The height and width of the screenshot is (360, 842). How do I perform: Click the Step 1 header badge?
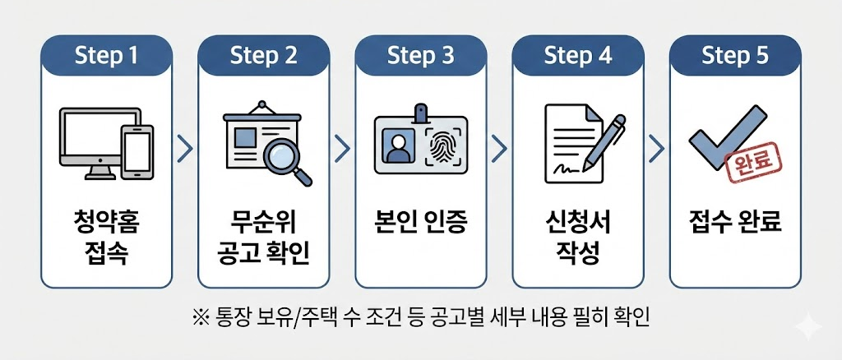[107, 56]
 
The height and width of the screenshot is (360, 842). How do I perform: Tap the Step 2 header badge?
[264, 56]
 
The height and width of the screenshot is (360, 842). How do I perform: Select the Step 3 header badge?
[420, 56]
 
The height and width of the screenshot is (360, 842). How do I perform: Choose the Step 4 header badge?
[577, 56]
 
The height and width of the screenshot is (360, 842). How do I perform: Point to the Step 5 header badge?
[734, 56]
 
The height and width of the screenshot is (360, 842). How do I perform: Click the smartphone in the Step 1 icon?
[136, 151]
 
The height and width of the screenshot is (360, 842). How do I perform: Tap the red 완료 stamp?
[751, 163]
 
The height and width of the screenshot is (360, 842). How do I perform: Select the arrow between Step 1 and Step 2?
[185, 148]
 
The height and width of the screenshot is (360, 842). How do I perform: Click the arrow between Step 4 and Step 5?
[655, 148]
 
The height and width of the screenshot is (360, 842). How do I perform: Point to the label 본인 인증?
[420, 221]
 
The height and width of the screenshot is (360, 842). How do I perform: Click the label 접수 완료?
[734, 221]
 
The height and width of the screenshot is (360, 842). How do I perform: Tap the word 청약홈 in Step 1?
[107, 222]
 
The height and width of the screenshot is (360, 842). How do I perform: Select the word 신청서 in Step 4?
[577, 222]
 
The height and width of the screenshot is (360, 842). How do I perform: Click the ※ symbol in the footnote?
[200, 317]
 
